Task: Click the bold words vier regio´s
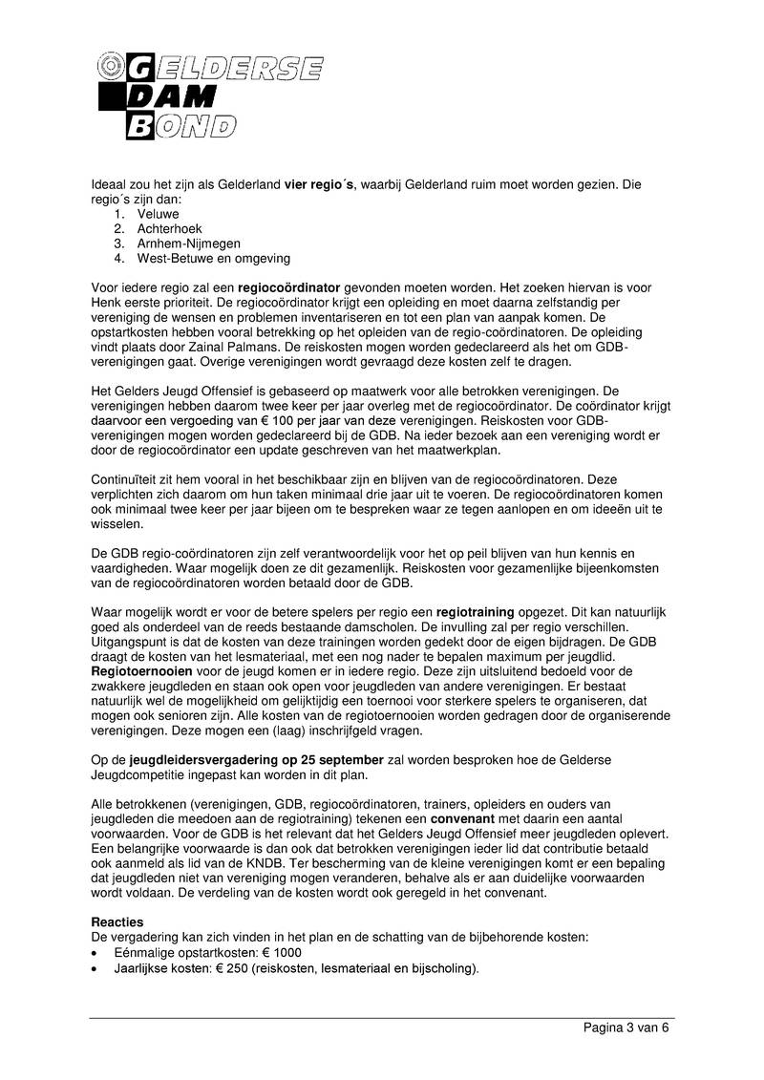[x=320, y=184]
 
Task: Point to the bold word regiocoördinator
[x=288, y=286]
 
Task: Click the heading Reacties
[x=117, y=922]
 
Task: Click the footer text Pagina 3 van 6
[x=626, y=1027]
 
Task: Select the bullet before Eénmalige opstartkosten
[x=94, y=953]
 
